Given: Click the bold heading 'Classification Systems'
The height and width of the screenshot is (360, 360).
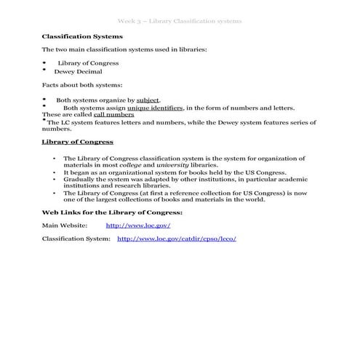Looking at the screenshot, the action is pos(82,36).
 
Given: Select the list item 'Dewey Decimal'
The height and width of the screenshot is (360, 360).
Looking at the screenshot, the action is pos(78,71).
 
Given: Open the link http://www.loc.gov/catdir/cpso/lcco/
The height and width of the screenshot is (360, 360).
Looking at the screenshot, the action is pos(177,239).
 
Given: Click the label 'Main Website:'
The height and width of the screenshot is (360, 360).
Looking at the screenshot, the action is pos(65,225).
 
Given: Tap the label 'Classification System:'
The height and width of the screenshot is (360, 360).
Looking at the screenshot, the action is pos(76,239).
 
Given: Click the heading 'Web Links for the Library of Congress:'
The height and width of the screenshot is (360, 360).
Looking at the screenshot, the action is pos(111,212).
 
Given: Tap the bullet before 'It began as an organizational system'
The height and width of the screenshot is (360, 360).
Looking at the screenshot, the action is pos(55,172).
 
